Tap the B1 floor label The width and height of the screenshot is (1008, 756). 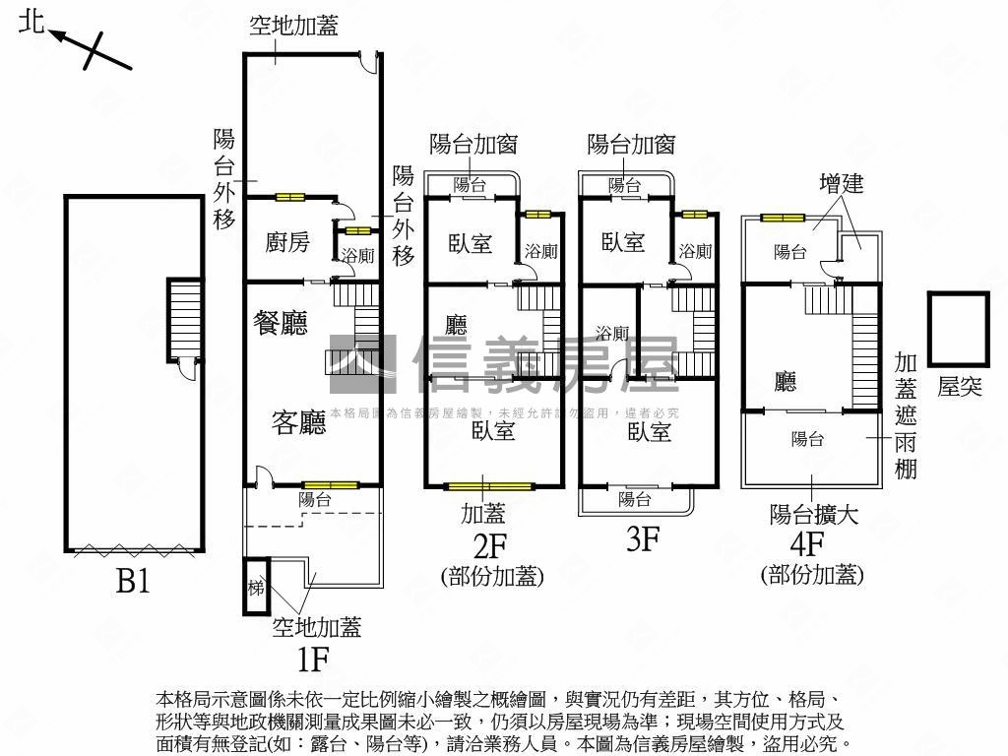point(133,582)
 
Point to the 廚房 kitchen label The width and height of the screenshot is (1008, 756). point(288,242)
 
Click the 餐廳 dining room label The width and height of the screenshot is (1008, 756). point(281,323)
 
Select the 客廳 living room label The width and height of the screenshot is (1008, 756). point(298,422)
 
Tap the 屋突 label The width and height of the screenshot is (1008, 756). point(959,387)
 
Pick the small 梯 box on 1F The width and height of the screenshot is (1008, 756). point(256,588)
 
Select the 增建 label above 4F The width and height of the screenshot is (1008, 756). point(842,183)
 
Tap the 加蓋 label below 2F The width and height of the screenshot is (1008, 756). point(483,513)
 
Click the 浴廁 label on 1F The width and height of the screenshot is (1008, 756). point(357,256)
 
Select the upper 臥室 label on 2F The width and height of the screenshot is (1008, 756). point(471,243)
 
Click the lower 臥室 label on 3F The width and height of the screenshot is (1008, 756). point(649,431)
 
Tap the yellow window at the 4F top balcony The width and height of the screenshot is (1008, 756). point(783,218)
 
